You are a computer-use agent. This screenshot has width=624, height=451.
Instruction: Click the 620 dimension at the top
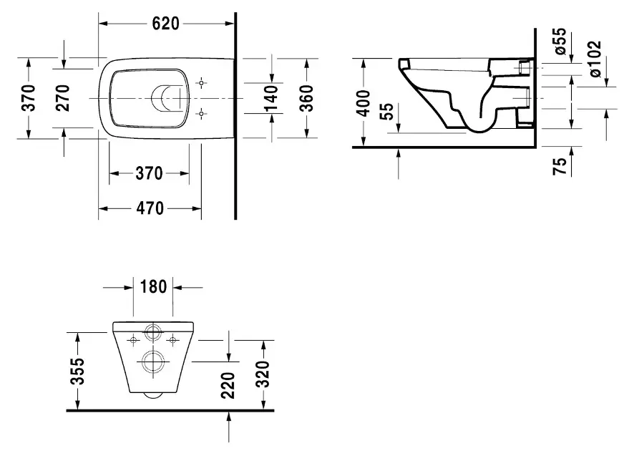point(165,23)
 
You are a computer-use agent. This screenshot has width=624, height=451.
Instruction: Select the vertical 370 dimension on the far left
point(28,97)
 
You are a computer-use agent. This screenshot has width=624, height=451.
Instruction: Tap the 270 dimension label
point(63,97)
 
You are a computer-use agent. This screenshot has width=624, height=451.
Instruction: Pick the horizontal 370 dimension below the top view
point(149,173)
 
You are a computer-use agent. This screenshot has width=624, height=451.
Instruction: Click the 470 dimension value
point(149,208)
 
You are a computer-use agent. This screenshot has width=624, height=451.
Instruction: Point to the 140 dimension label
point(271,97)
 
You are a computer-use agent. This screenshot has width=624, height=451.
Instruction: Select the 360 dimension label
point(306,97)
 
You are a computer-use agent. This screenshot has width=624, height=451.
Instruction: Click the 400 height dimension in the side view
point(364,103)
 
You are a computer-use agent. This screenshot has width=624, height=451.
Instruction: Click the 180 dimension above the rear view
point(153,287)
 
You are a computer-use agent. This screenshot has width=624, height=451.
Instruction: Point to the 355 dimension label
point(79,372)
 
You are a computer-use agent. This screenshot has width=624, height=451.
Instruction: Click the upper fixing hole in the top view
point(202,82)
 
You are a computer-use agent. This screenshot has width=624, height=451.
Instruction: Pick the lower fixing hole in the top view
point(202,112)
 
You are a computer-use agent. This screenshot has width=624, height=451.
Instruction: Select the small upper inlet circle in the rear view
point(152,333)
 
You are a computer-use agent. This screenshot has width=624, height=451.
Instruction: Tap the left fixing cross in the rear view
point(133,340)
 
